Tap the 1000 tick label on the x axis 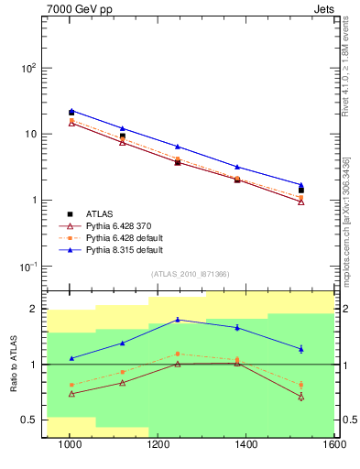click(x=70, y=446)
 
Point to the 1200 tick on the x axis click(x=202, y=446)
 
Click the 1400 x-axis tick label click(x=335, y=446)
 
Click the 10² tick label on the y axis click(x=28, y=69)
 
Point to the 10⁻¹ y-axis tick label click(x=28, y=267)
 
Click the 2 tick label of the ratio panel click(x=34, y=310)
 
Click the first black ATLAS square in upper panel click(x=71, y=113)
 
